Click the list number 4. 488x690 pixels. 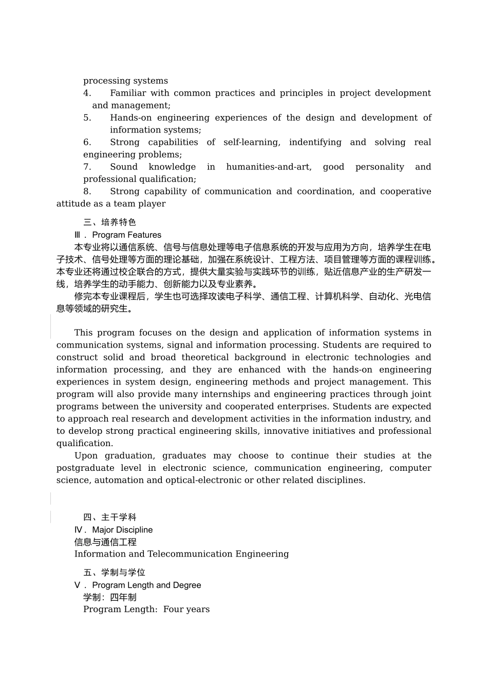(x=87, y=93)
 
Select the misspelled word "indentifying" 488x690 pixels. (x=315, y=142)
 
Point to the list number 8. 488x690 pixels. (x=87, y=191)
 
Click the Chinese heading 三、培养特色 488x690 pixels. (x=109, y=222)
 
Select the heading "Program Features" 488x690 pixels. (x=127, y=235)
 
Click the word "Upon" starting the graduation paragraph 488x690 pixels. (x=85, y=456)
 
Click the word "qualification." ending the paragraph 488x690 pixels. (x=85, y=444)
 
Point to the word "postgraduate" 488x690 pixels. (x=85, y=468)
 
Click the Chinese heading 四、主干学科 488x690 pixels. (x=109, y=517)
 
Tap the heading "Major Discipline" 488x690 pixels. (x=122, y=530)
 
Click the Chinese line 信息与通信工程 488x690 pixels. (x=105, y=542)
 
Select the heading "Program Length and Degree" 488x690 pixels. (x=146, y=585)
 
